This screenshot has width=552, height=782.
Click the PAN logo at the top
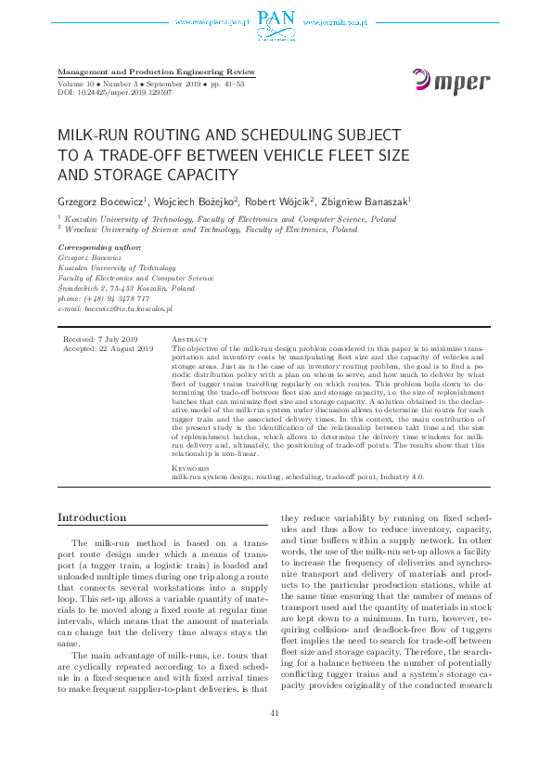pos(276,20)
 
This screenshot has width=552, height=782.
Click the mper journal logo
pos(451,83)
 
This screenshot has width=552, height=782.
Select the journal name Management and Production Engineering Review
pos(156,72)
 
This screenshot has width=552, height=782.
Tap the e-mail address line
pos(115,307)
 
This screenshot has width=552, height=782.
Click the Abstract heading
pos(191,340)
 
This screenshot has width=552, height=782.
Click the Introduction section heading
pos(93,517)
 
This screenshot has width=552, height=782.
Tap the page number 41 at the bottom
pos(274,738)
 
